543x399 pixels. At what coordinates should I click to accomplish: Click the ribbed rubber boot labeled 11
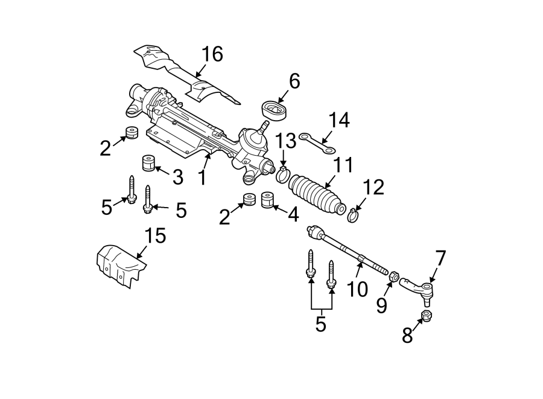(x=316, y=193)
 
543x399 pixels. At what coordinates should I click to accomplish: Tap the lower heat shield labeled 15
(x=121, y=264)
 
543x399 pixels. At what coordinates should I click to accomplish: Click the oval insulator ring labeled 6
(x=276, y=110)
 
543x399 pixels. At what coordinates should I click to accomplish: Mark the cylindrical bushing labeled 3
(x=147, y=164)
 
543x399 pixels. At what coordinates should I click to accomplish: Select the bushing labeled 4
(x=268, y=200)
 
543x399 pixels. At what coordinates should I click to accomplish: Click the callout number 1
(x=202, y=177)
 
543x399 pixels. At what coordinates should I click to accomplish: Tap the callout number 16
(x=211, y=54)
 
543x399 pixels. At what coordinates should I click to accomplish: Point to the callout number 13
(x=286, y=141)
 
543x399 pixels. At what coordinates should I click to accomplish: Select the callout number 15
(x=155, y=235)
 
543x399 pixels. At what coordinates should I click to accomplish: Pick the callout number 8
(x=408, y=336)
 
